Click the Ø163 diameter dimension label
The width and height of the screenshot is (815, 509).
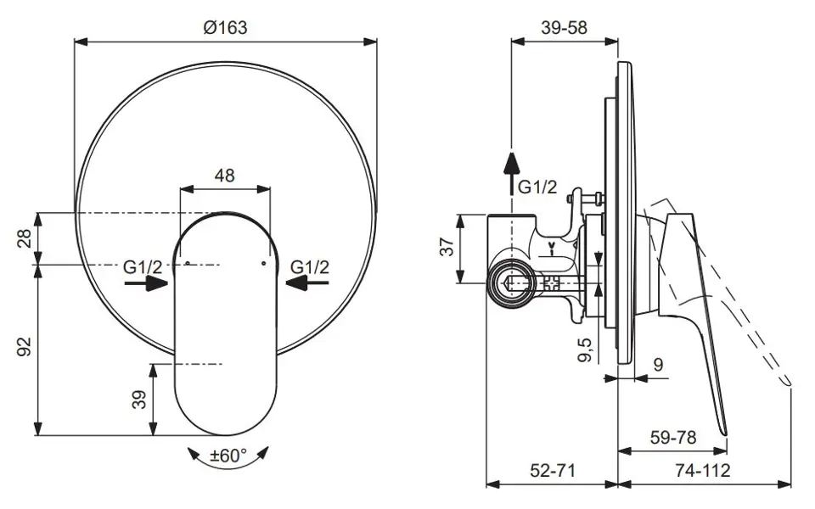click(x=225, y=27)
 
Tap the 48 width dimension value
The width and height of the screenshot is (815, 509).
click(x=224, y=176)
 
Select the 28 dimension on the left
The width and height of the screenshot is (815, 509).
click(x=25, y=238)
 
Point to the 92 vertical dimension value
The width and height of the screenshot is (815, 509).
click(x=25, y=347)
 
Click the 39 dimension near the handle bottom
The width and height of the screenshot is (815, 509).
click(x=139, y=400)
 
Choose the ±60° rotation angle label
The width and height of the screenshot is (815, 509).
click(x=228, y=456)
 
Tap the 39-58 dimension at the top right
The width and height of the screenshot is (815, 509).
click(x=564, y=27)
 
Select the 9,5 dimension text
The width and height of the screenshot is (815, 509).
click(x=585, y=349)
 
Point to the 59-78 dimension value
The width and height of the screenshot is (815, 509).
click(x=673, y=438)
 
